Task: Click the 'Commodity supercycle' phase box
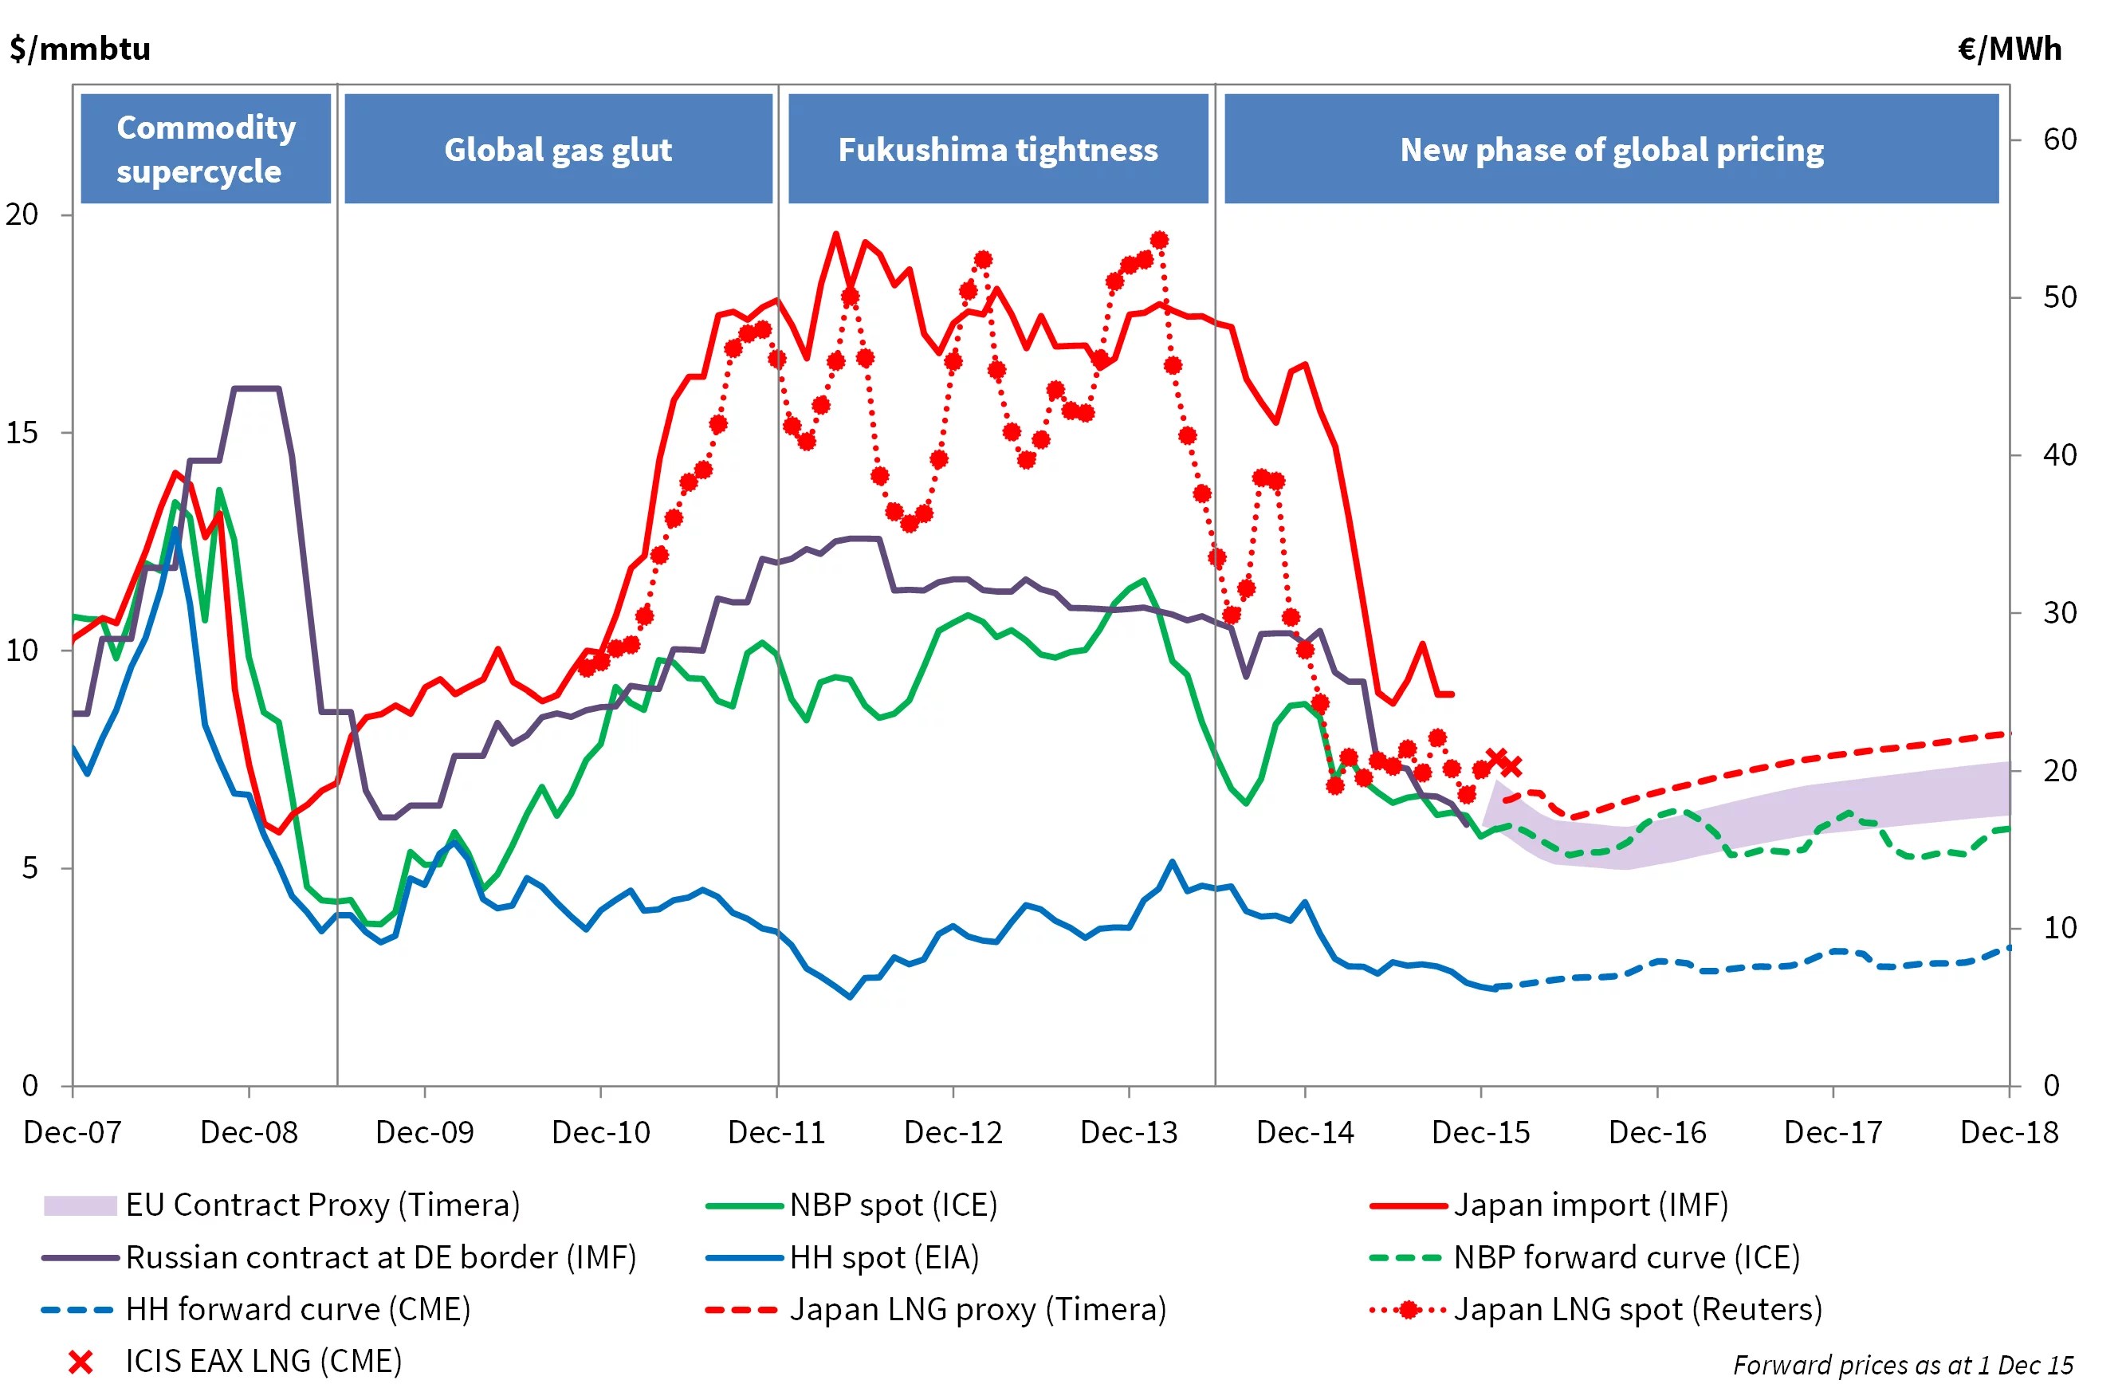(x=206, y=148)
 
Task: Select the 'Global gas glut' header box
(x=557, y=149)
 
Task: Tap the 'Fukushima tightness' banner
(x=997, y=149)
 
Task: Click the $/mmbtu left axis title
(x=81, y=48)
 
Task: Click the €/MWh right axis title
(x=2008, y=48)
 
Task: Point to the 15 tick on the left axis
(x=22, y=432)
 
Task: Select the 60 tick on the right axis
(x=2059, y=140)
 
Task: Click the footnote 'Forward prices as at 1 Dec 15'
(x=1902, y=1364)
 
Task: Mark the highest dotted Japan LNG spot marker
(x=1158, y=240)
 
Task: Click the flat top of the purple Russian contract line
(x=257, y=388)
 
